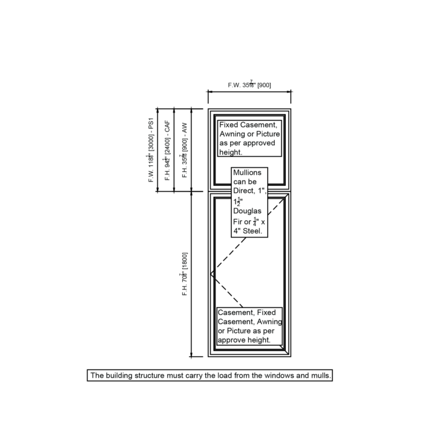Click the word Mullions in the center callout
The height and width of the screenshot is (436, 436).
coord(247,173)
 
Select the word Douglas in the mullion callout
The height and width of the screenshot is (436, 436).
coord(248,211)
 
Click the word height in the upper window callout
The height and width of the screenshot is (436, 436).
coord(231,153)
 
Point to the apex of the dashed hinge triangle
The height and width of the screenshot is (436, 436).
coord(211,274)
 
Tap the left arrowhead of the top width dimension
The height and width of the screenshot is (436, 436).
coord(210,93)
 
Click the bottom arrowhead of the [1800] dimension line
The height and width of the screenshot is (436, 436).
coord(191,355)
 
